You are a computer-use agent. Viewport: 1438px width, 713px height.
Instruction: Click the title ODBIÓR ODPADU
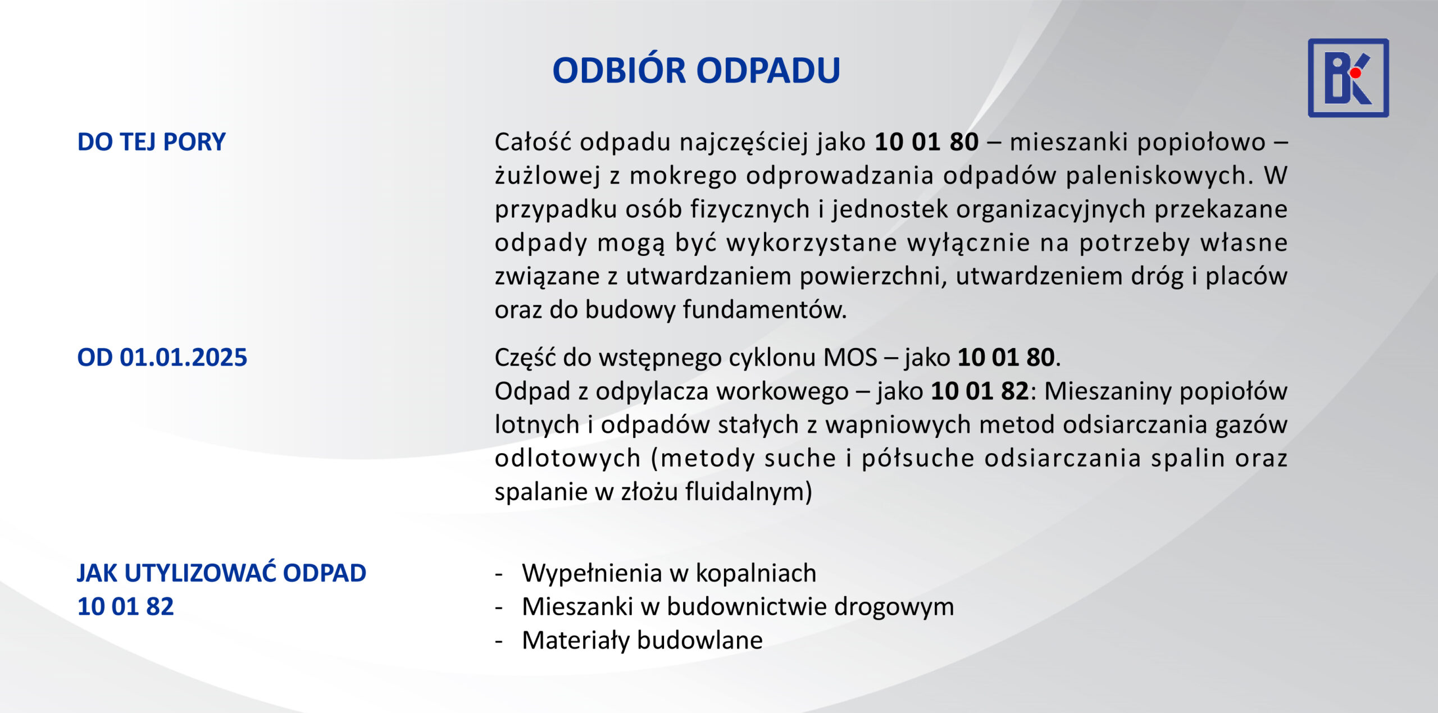(x=696, y=70)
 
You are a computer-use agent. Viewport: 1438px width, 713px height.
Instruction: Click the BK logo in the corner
(x=1348, y=78)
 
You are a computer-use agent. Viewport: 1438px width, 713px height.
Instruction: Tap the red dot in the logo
(x=1355, y=73)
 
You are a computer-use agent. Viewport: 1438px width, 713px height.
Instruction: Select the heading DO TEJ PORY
(x=151, y=142)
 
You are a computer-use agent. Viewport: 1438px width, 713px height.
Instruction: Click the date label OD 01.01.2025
(x=162, y=358)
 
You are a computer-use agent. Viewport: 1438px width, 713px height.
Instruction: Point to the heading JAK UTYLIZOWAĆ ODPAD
(x=222, y=573)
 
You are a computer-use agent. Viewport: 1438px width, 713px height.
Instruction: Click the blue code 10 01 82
(x=126, y=607)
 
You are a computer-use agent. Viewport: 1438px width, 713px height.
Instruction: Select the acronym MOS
(x=850, y=358)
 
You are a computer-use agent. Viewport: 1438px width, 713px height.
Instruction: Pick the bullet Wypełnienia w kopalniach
(x=669, y=573)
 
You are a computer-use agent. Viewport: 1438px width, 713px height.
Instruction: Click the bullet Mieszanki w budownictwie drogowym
(x=738, y=607)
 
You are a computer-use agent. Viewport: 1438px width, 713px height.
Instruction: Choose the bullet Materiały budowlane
(x=642, y=641)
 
